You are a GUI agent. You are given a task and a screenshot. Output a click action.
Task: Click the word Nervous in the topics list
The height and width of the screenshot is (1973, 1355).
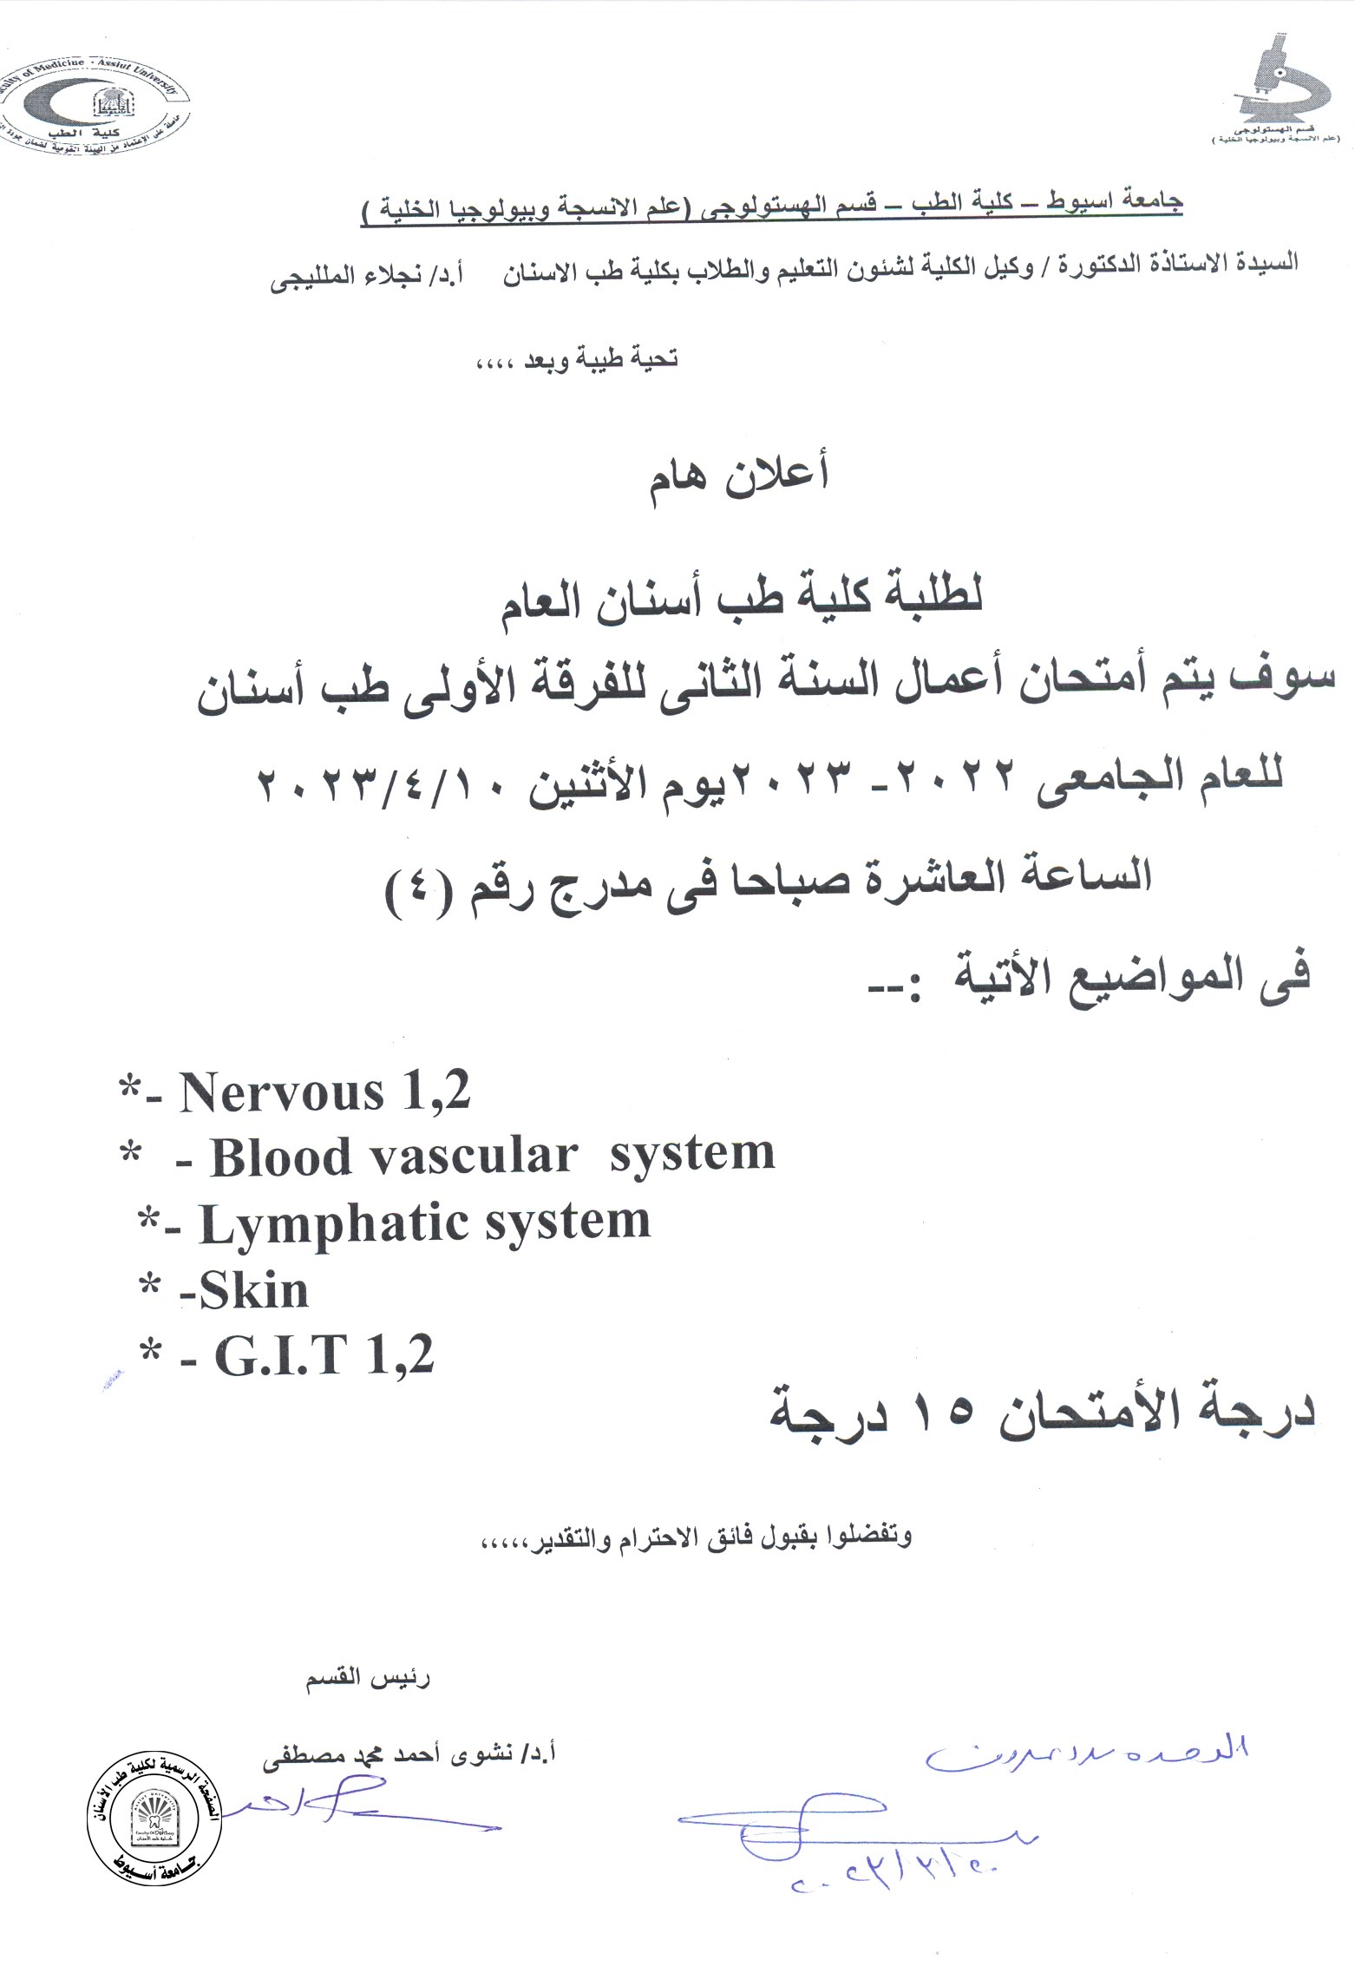[x=281, y=1092]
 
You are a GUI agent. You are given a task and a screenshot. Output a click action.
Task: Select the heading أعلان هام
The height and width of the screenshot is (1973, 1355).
[x=739, y=476]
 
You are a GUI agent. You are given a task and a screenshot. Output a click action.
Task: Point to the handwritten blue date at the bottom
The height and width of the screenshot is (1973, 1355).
[x=894, y=1881]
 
